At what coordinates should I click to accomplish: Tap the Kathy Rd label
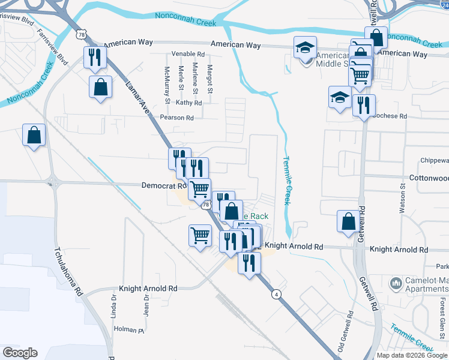tap(189, 103)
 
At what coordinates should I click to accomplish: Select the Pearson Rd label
tap(181, 118)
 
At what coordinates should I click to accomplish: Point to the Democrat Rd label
tap(158, 186)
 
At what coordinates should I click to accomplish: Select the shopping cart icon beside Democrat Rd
tap(199, 189)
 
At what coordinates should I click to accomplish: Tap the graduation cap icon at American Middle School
tap(306, 47)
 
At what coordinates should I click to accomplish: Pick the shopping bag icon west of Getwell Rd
tap(348, 221)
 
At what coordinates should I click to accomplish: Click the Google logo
tap(20, 353)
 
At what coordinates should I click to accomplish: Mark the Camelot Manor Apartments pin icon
tap(396, 282)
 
